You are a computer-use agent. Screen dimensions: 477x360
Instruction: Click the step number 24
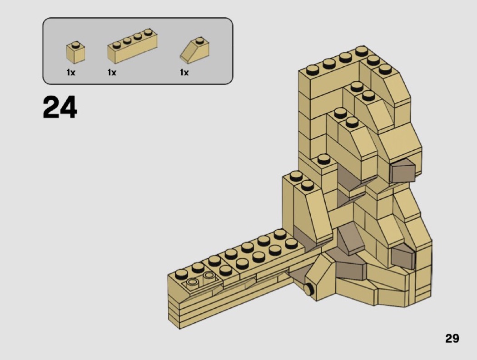point(60,107)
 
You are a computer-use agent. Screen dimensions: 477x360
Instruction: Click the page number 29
point(452,338)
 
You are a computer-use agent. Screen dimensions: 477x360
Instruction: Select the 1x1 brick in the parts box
point(75,52)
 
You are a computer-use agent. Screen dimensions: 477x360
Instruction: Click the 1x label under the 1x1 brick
point(70,72)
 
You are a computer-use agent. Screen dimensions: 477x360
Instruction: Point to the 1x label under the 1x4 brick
point(112,72)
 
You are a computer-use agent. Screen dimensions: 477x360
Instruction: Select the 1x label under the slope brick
point(184,72)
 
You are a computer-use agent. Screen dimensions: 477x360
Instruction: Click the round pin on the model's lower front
point(308,289)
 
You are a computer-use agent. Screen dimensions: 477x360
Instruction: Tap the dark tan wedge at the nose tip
point(402,171)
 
